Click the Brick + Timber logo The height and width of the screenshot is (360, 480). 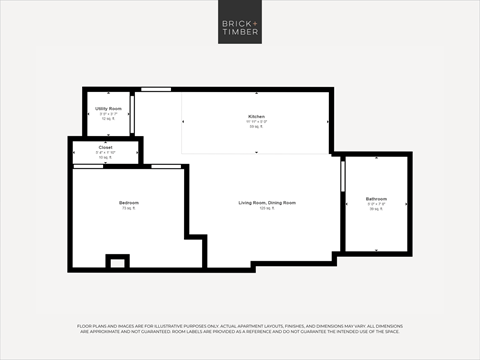(240, 26)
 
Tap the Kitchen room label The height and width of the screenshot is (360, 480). (256, 117)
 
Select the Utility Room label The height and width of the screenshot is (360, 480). (109, 108)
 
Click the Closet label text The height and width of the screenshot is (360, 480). (105, 147)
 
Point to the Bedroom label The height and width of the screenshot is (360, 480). (127, 203)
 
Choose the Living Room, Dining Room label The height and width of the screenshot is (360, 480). (266, 203)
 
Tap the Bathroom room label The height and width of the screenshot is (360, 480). (376, 198)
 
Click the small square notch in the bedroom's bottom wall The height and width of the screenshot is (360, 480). (118, 262)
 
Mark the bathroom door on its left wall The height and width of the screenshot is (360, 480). (342, 174)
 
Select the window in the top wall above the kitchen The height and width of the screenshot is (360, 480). (155, 90)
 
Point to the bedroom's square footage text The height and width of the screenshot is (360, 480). (127, 209)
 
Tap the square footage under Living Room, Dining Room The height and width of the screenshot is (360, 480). (266, 209)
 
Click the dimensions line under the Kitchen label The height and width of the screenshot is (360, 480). (256, 122)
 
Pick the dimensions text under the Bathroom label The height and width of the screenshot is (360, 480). (376, 204)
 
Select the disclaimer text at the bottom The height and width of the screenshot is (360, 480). (240, 331)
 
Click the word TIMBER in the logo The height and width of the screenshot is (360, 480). (240, 32)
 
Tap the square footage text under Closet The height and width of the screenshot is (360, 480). (105, 157)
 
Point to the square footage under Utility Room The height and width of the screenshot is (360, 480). (109, 118)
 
